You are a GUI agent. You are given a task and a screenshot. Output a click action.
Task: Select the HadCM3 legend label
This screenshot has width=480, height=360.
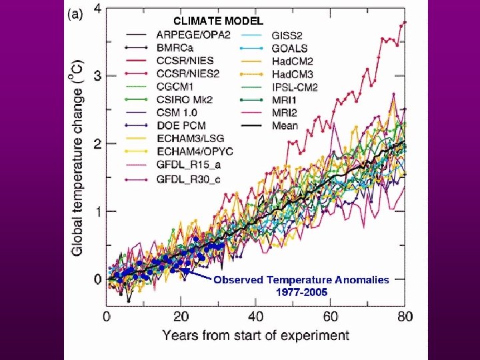(x=292, y=74)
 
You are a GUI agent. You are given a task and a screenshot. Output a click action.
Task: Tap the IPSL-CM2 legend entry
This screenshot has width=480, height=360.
(x=294, y=87)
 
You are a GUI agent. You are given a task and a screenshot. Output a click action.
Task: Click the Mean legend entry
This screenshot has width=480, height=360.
(x=285, y=126)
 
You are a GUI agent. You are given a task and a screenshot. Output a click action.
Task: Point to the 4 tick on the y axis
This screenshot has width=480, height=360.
(x=98, y=9)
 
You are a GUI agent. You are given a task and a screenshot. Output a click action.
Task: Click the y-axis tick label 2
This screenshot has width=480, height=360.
(x=98, y=144)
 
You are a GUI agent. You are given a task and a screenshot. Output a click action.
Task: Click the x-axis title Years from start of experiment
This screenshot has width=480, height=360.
(x=256, y=335)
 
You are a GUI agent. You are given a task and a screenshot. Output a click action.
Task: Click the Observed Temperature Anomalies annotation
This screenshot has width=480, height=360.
(x=301, y=280)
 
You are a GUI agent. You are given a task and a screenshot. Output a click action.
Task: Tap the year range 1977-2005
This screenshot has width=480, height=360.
(x=301, y=292)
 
